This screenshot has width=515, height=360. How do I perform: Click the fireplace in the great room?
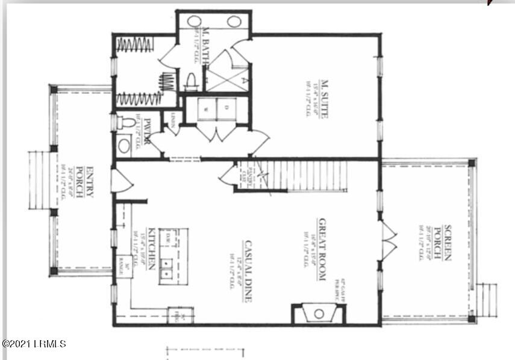pyautogui.click(x=318, y=313)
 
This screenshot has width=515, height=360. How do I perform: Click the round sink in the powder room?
pyautogui.click(x=124, y=145)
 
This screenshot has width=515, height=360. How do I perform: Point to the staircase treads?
pyautogui.click(x=307, y=175)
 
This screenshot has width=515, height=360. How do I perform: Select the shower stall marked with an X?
pyautogui.click(x=226, y=71)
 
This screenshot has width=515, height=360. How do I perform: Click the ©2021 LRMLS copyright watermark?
pyautogui.click(x=34, y=344)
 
